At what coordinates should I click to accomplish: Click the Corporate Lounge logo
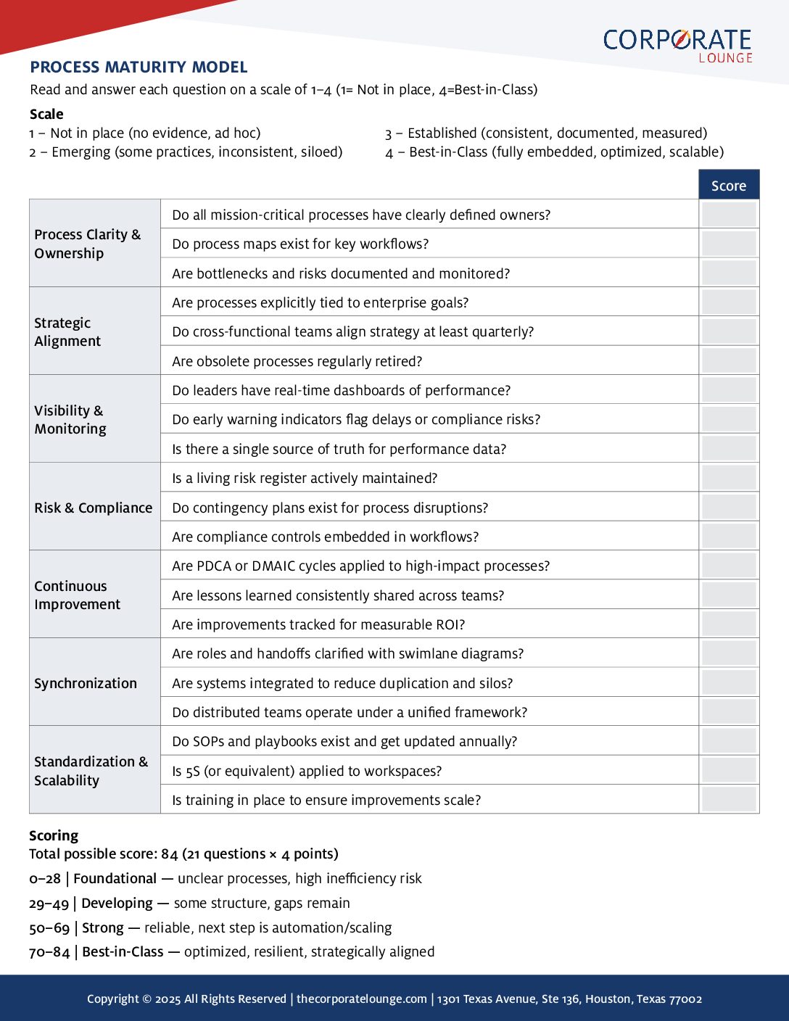click(677, 45)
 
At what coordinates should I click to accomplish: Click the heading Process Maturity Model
click(139, 67)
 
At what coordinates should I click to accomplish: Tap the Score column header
click(729, 186)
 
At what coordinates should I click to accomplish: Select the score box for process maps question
click(729, 244)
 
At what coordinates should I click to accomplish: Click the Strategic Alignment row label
click(67, 332)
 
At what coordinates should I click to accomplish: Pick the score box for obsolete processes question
click(729, 361)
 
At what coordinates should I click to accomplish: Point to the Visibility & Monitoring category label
click(70, 419)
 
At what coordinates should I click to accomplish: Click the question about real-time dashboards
click(341, 390)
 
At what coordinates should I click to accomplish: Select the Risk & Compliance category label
click(93, 508)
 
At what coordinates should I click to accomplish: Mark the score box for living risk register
click(729, 478)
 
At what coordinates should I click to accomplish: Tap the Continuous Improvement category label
click(77, 595)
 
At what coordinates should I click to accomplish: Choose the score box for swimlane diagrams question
click(729, 653)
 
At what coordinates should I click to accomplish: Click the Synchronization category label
click(86, 683)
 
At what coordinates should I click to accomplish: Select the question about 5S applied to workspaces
click(307, 771)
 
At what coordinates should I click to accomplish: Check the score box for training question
click(729, 800)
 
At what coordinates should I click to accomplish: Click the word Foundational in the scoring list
click(115, 878)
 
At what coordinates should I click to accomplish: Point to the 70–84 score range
click(49, 952)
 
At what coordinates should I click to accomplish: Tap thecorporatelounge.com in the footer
click(361, 999)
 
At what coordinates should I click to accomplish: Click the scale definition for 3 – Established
click(546, 133)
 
